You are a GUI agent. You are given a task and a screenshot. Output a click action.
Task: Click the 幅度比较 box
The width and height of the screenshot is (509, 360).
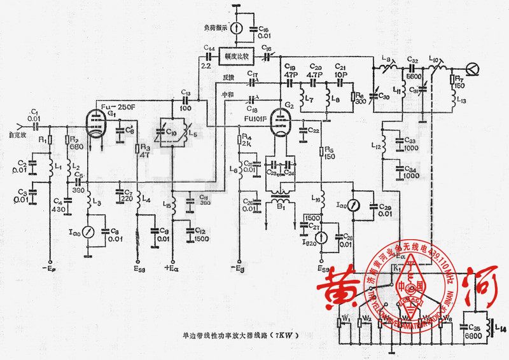click(x=236, y=56)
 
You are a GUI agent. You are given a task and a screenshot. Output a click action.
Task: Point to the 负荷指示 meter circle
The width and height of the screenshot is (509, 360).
click(x=236, y=27)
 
